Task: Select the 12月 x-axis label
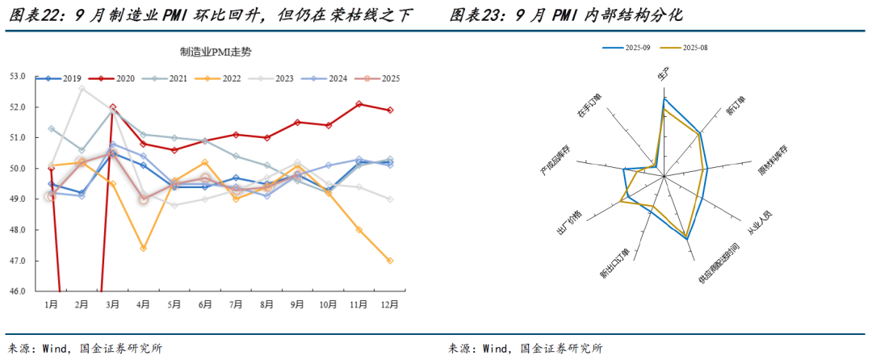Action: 390,304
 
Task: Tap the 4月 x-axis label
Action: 143,304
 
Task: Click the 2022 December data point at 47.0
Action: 390,261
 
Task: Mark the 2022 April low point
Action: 143,249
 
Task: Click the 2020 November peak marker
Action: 359,104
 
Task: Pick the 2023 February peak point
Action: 82,89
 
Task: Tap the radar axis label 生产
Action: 664,74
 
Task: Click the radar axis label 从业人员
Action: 759,224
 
